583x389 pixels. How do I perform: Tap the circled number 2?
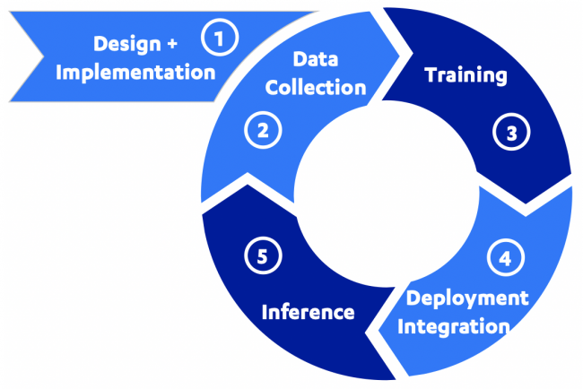click(x=262, y=131)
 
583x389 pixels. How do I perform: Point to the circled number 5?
click(x=262, y=255)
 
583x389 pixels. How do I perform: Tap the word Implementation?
click(x=135, y=72)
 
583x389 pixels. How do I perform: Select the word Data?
click(x=316, y=59)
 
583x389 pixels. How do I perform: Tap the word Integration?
click(x=453, y=325)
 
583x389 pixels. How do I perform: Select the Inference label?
click(x=308, y=312)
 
